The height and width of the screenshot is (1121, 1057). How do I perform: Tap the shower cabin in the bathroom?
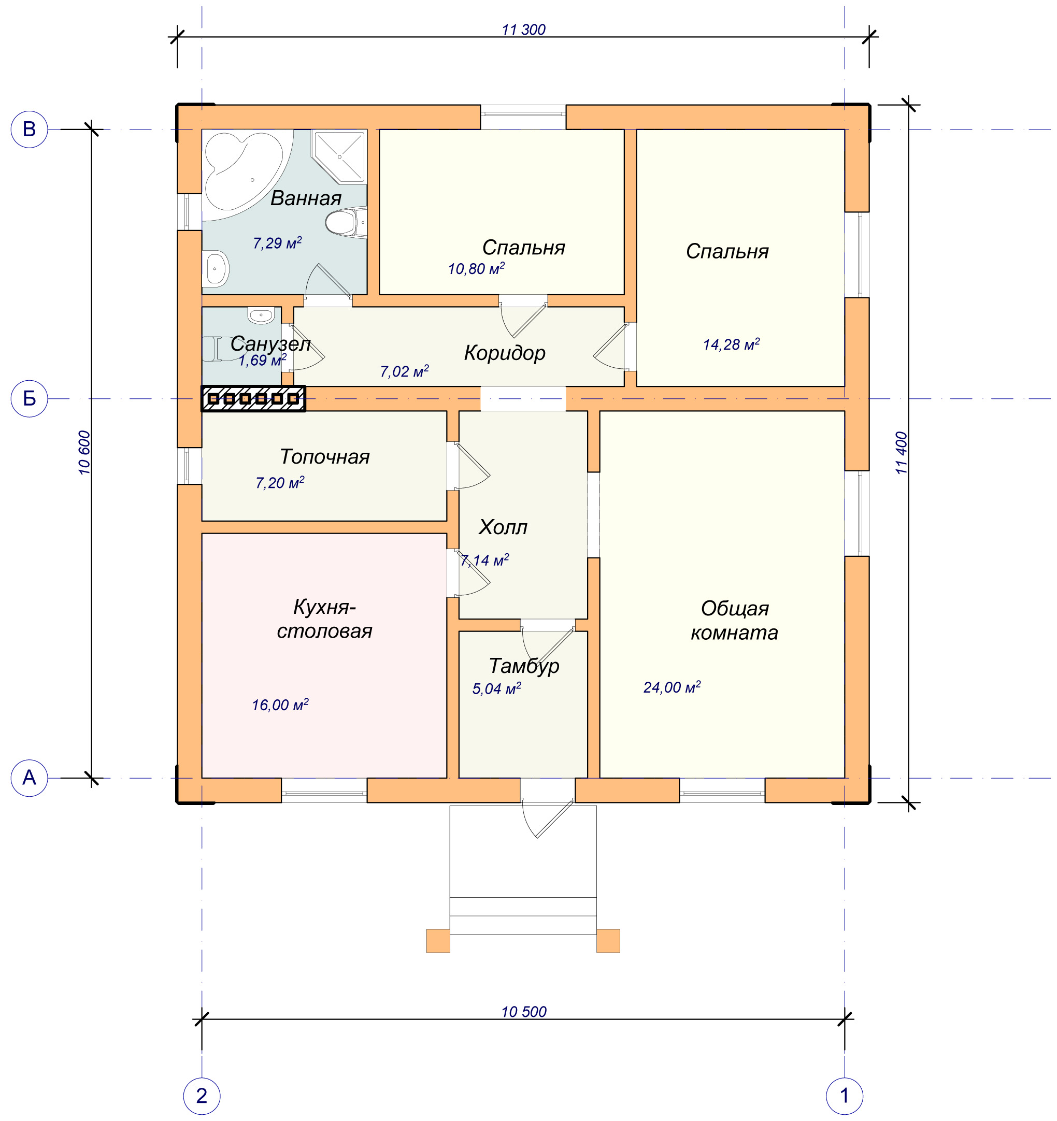coord(339,157)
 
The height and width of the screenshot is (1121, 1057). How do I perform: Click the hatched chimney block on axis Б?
coord(254,399)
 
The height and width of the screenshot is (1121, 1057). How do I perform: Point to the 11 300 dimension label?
coord(523,30)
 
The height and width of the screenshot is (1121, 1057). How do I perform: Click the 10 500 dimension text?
coord(524,1012)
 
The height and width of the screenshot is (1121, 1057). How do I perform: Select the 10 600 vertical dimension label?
coord(84,453)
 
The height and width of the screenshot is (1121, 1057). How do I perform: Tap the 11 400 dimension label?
coord(902,453)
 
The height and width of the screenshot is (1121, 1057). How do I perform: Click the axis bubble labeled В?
coord(30,130)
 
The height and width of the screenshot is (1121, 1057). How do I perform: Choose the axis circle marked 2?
coord(202,1096)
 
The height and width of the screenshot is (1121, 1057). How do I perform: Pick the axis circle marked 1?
coord(845,1096)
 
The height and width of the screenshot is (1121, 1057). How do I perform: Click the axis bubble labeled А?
coord(30,778)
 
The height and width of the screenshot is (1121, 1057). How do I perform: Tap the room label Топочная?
coord(325,457)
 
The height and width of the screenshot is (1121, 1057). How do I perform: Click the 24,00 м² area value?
coord(672,687)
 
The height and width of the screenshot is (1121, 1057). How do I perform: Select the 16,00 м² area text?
coord(280,705)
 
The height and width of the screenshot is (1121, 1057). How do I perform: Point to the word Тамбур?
coord(524,667)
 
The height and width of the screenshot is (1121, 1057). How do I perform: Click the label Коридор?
coord(505,353)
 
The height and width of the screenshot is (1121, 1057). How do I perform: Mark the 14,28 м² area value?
coord(731,344)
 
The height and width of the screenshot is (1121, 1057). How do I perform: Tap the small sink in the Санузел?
coord(261,316)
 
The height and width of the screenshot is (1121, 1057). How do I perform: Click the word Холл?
coord(503,527)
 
